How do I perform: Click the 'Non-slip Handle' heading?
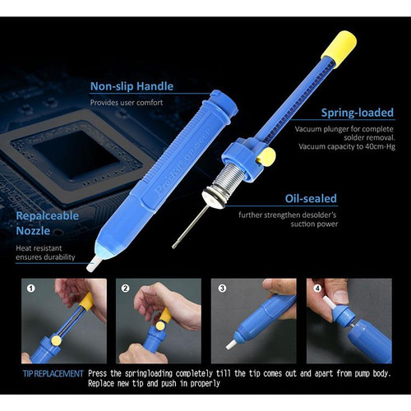click(x=132, y=86)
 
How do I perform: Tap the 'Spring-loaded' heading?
click(x=358, y=113)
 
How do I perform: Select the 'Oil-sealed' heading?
click(x=311, y=198)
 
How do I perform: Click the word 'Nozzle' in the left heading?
click(x=33, y=231)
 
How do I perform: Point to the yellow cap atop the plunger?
click(x=339, y=47)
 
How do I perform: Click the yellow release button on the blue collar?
click(x=267, y=157)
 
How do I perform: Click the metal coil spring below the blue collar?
click(x=229, y=182)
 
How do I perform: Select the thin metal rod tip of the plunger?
click(x=187, y=227)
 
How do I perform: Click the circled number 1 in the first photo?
click(x=31, y=289)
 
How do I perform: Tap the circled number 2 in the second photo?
click(x=126, y=289)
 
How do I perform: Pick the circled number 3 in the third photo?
click(x=222, y=289)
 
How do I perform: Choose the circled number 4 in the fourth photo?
click(x=318, y=289)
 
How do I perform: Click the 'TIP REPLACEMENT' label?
click(x=53, y=373)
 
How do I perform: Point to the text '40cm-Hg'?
click(x=380, y=146)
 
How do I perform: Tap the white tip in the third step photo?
click(x=231, y=344)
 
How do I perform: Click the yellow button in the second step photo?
click(x=159, y=326)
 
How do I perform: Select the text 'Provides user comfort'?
click(x=127, y=103)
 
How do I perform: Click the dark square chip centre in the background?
click(x=76, y=155)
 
